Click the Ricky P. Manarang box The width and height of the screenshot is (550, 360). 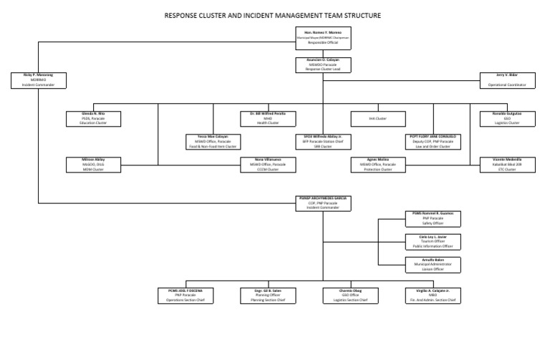(38, 79)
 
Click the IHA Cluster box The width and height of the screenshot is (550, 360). (377, 118)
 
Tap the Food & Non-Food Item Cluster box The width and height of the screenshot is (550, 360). (212, 140)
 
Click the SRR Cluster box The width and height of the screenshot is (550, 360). (322, 140)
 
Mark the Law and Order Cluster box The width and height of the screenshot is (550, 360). (433, 140)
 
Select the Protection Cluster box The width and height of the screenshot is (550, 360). (377, 165)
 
